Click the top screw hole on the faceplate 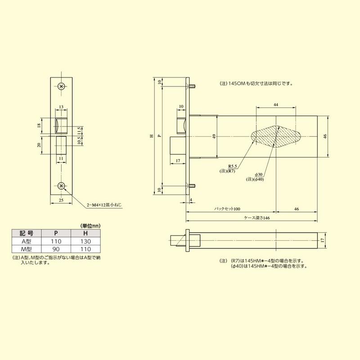point(62,85)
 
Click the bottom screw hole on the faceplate point(62,186)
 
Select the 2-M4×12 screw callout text point(104,205)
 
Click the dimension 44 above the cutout point(275,104)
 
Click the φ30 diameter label point(259,174)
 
